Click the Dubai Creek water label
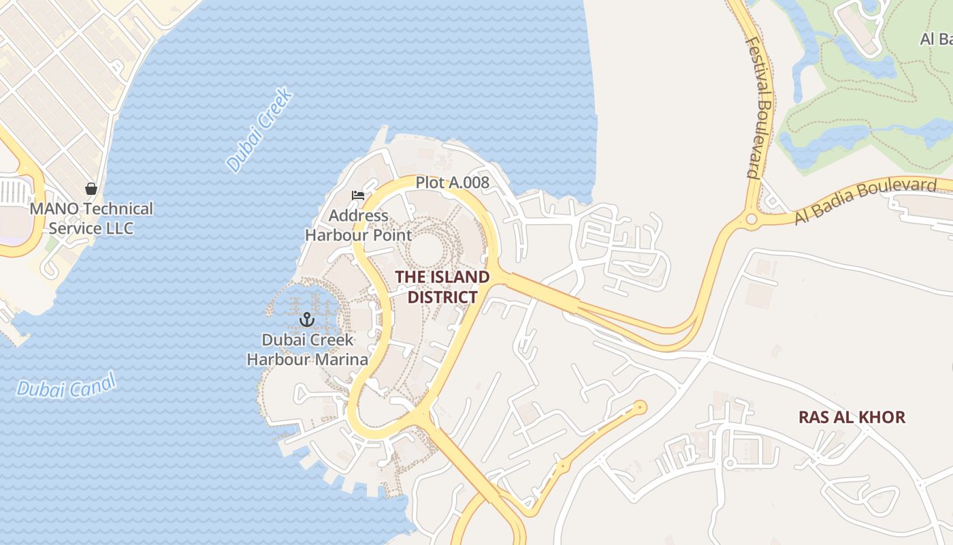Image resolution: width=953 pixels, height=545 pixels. click(x=259, y=129)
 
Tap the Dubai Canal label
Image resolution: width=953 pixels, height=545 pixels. click(x=66, y=385)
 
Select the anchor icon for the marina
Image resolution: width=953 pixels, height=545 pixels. click(x=307, y=319)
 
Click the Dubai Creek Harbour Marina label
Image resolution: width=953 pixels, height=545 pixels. click(x=307, y=349)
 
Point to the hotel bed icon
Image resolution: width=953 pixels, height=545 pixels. click(x=358, y=196)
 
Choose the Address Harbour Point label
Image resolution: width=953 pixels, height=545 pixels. click(x=358, y=225)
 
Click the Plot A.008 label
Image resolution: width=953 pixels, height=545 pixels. click(x=453, y=183)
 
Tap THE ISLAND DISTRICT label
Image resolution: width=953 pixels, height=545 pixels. click(x=442, y=287)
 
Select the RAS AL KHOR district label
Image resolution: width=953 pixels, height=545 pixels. click(x=852, y=417)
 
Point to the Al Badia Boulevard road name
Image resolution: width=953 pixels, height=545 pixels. click(x=865, y=201)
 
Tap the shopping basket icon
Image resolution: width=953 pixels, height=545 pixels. click(x=91, y=188)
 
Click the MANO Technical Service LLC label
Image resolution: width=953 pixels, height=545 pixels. click(x=91, y=218)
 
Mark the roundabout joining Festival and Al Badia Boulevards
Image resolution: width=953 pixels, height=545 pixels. click(x=752, y=219)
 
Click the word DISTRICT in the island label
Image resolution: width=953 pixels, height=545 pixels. click(x=442, y=298)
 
